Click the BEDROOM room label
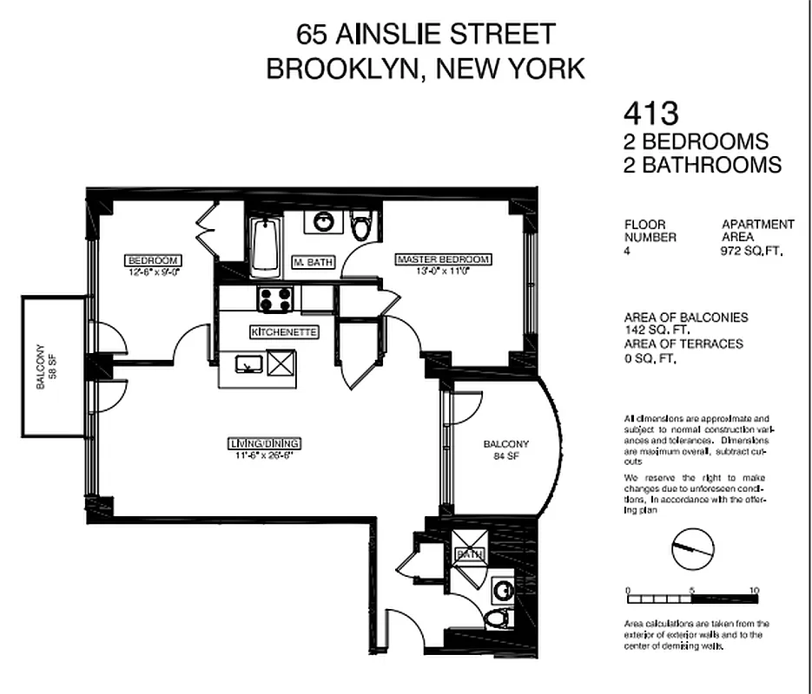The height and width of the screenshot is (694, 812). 154,260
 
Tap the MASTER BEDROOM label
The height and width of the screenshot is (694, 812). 443,259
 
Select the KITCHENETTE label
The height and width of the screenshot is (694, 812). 284,332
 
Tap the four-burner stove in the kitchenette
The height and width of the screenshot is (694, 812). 277,299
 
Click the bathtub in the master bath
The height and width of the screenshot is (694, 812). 264,246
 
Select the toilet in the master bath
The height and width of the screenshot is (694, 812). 361,226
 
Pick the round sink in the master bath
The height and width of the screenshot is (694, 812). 324,221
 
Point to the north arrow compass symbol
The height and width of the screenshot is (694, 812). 692,547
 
